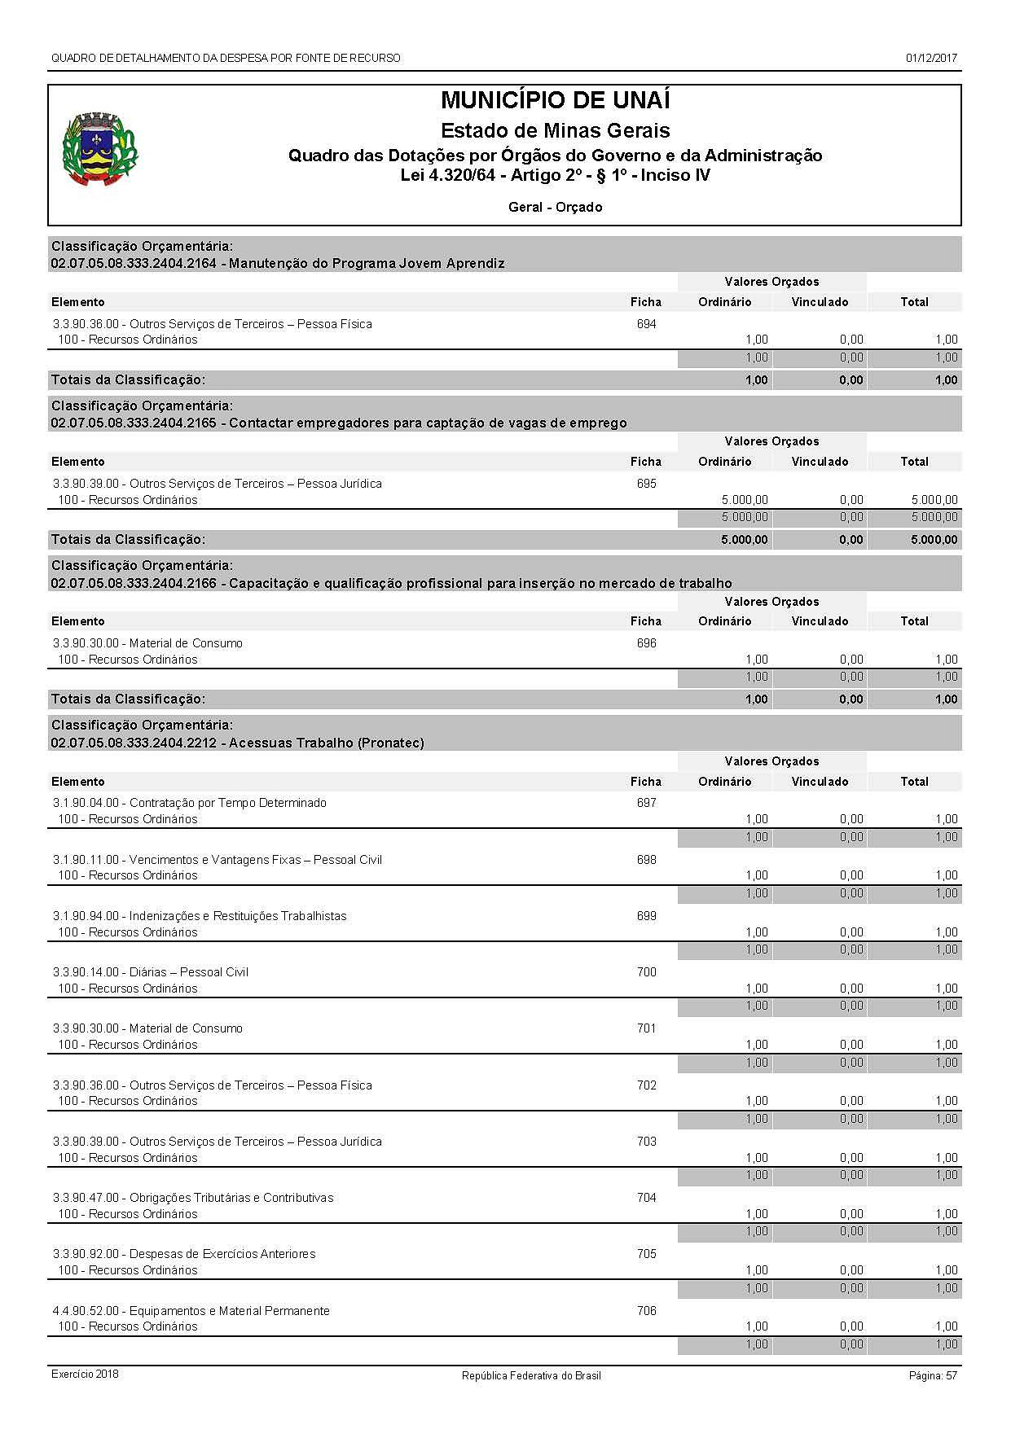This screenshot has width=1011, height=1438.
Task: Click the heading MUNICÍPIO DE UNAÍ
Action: point(555,100)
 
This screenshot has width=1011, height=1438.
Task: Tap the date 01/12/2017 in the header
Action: point(931,59)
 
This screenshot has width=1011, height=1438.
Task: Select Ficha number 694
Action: point(646,324)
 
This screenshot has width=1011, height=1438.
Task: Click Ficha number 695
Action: point(646,484)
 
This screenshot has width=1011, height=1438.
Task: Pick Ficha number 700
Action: point(646,972)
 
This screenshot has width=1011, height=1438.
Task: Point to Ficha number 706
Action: point(646,1311)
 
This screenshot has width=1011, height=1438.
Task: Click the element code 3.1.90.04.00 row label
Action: point(189,803)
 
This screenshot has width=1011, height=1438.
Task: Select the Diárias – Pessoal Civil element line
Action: point(150,972)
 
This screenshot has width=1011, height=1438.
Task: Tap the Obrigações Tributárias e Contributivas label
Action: point(193,1198)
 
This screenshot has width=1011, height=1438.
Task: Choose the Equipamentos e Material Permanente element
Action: point(191,1311)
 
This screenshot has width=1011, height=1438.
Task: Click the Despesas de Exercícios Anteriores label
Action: point(184,1254)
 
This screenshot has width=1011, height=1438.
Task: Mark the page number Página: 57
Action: point(933,1375)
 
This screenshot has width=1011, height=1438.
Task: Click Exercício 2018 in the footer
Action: point(85,1374)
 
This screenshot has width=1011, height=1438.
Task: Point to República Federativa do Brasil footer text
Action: point(531,1375)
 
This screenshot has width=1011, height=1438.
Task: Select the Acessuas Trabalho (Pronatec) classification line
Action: point(237,743)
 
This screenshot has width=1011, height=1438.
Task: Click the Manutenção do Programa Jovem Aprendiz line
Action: point(277,263)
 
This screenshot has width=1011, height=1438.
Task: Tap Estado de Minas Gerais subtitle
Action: point(555,130)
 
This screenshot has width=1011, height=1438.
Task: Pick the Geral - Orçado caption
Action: point(555,207)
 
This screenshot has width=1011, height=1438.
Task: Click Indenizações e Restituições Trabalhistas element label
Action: point(200,916)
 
